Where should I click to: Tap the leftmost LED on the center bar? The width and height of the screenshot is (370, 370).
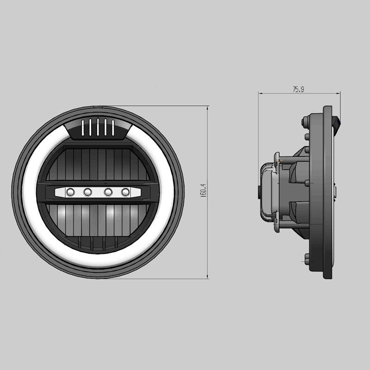pos(71,192)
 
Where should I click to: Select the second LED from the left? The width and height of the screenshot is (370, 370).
pos(88,192)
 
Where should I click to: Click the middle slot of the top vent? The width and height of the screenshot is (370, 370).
pos(98,127)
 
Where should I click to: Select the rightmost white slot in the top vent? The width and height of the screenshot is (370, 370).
pos(113,128)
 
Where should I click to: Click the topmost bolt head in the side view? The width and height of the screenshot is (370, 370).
pos(305,122)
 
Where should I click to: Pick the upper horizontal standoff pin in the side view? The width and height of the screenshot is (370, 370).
pos(291,160)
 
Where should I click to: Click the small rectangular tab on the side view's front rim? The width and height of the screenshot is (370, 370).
pos(335,192)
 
